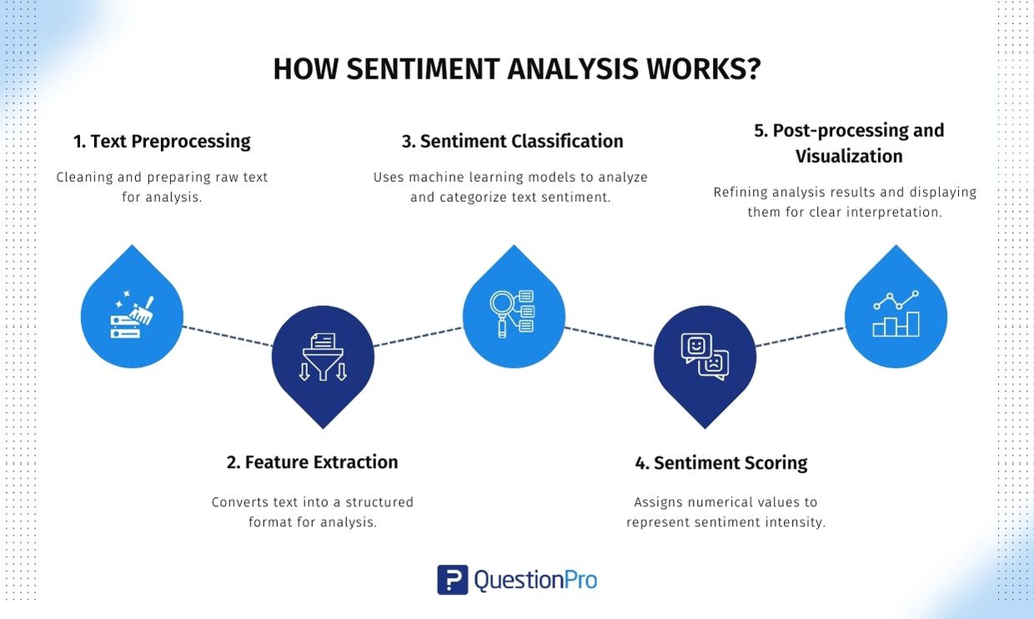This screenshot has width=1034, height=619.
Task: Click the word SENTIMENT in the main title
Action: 424,69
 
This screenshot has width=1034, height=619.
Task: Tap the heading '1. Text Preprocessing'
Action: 162,141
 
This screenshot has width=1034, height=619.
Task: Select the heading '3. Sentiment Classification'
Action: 512,141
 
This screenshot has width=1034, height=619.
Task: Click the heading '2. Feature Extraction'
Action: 312,462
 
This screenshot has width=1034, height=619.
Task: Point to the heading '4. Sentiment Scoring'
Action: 721,463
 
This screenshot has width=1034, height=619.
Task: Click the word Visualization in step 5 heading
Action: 849,156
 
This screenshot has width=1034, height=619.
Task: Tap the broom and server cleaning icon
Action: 132,316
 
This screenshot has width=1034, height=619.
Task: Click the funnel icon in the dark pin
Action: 323,357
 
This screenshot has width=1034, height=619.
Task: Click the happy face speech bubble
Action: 696,346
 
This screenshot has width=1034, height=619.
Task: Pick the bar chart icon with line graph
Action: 896,314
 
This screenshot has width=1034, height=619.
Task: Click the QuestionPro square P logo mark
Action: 452,580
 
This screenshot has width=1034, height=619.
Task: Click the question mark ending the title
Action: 753,69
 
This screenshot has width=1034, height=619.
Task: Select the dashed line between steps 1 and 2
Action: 228,336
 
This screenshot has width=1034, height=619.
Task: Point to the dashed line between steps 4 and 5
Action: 800,337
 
